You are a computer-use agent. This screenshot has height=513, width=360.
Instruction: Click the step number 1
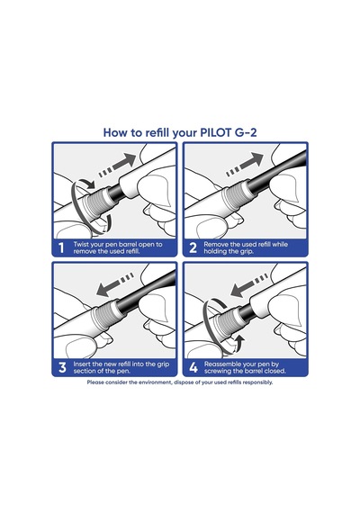click(x=61, y=248)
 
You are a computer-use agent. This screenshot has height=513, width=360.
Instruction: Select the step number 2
click(x=193, y=248)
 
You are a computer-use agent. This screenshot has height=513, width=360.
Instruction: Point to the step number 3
click(x=62, y=367)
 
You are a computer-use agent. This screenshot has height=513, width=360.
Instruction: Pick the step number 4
click(x=193, y=367)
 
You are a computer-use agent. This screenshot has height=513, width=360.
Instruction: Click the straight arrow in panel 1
click(x=118, y=166)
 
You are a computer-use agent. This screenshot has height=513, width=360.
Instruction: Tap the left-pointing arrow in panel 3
click(x=115, y=284)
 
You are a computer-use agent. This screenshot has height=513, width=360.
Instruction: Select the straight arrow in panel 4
click(x=249, y=284)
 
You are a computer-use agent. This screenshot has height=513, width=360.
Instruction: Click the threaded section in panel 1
click(x=95, y=200)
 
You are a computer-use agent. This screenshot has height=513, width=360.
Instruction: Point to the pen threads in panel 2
click(x=233, y=196)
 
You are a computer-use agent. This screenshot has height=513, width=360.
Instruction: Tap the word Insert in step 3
click(x=82, y=364)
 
